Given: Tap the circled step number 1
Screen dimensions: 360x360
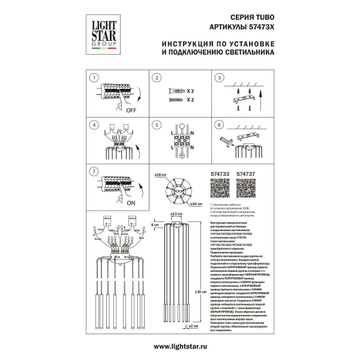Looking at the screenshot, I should (93, 77).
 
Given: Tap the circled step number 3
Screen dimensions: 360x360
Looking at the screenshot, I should (219, 77).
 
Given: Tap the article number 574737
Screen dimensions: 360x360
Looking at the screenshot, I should (248, 174).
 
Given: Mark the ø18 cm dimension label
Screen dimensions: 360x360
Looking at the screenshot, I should (160, 175).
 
